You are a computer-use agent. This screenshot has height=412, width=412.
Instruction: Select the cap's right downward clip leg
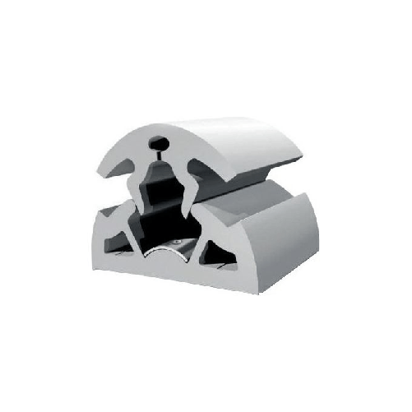point(191,191)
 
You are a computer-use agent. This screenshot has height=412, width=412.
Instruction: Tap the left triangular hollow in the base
point(114,238)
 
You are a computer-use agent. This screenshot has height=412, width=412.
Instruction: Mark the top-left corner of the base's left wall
point(100,211)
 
